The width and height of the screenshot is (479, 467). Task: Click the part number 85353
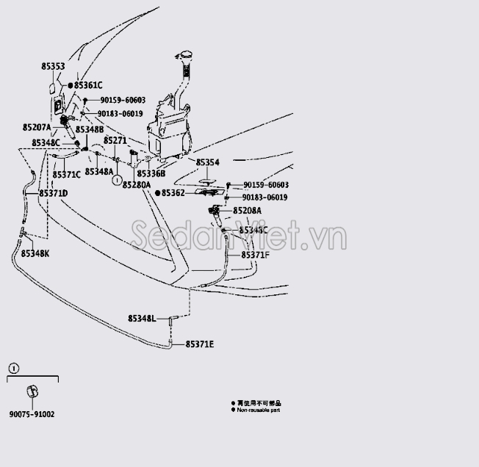[x=53, y=67]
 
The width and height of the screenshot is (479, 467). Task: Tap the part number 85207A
[x=37, y=127]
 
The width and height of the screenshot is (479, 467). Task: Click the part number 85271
[x=115, y=140]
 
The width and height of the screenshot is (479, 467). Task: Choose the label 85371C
[x=67, y=174]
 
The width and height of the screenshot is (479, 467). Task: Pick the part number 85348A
[x=99, y=171]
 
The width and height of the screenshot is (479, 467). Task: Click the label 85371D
[x=54, y=193]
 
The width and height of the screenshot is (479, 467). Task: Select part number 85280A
[x=136, y=185]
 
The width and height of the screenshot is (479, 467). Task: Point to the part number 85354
[x=207, y=162]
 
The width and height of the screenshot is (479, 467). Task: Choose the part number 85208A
[x=248, y=210]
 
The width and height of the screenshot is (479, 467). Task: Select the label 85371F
[x=256, y=254]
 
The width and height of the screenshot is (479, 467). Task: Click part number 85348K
[x=35, y=253]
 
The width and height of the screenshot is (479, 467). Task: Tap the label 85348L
[x=142, y=319]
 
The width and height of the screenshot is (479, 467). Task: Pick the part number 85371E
[x=199, y=344]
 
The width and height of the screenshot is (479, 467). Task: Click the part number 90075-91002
[x=32, y=414]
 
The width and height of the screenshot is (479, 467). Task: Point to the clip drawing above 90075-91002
[x=32, y=391]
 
